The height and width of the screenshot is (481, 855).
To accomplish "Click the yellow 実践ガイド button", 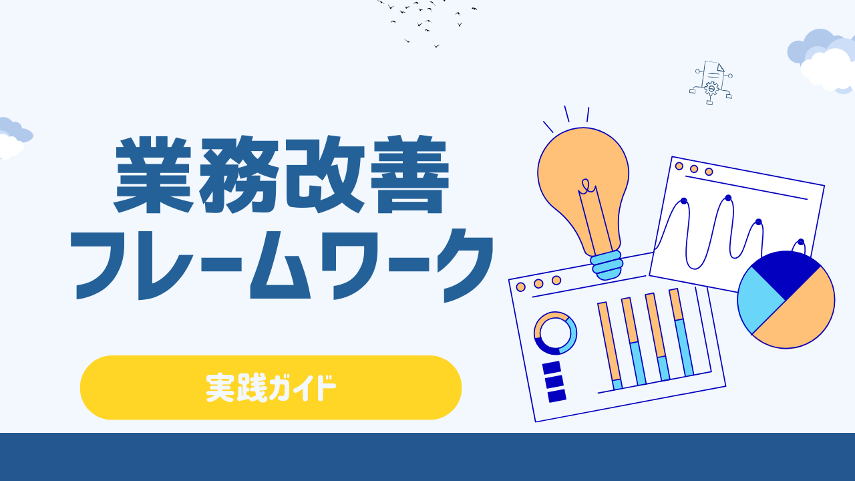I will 271,387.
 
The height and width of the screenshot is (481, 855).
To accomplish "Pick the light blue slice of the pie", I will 760,301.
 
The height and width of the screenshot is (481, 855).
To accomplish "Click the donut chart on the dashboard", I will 555,333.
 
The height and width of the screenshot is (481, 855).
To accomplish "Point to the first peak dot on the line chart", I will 683,200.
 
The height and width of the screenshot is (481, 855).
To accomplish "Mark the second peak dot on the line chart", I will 728,198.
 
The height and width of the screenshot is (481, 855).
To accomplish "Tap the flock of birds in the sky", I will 427,20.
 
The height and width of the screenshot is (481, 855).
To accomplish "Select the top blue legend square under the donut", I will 551,367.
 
